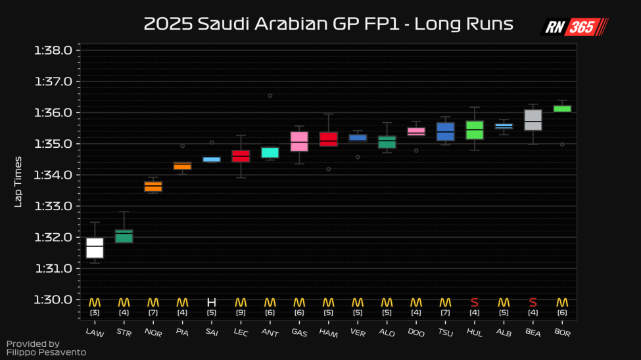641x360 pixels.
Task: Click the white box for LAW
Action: coord(95,248)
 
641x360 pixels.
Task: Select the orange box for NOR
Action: coord(153,187)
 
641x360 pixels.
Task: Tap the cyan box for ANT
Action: coord(270,152)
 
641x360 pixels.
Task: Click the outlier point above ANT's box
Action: coord(270,96)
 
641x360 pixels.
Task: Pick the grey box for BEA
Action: coord(533,120)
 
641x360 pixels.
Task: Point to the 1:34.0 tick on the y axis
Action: coord(78,175)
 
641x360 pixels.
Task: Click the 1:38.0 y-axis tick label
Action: coord(57,51)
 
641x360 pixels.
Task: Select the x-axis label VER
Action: coord(358,333)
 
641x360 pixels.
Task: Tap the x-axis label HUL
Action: coord(475,333)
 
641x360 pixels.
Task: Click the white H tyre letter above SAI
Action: coord(211,302)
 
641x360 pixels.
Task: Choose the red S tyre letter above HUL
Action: coord(475,302)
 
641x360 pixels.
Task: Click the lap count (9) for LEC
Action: coord(241,313)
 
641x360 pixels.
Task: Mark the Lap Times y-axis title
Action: coord(18,181)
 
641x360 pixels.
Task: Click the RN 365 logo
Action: coord(574,27)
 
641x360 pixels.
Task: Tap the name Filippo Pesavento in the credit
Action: coord(46,353)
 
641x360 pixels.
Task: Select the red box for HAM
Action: coord(328,139)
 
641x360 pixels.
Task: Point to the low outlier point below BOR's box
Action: coord(562,145)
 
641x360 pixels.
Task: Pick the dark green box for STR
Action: coord(124,236)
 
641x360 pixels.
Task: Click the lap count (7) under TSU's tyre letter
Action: coord(445,313)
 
